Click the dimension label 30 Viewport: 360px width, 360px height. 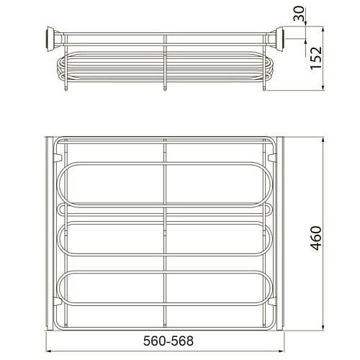pyautogui.click(x=299, y=14)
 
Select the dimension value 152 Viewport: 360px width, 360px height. pyautogui.click(x=315, y=58)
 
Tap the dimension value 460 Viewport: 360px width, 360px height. pyautogui.click(x=315, y=238)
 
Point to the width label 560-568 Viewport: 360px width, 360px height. pyautogui.click(x=168, y=341)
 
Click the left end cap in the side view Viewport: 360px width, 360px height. pyautogui.click(x=51, y=39)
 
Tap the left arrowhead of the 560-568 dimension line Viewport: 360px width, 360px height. pyautogui.click(x=49, y=351)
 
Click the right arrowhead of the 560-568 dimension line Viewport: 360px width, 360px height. pyautogui.click(x=281, y=351)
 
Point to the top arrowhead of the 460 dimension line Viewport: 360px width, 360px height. pyautogui.click(x=323, y=140)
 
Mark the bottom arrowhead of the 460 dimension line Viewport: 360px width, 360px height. pyautogui.click(x=323, y=327)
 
